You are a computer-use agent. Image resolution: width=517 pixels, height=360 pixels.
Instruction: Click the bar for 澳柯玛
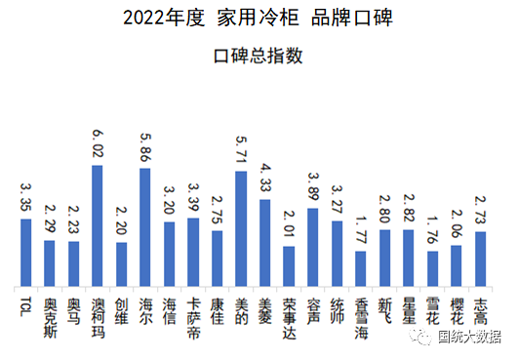(98, 224)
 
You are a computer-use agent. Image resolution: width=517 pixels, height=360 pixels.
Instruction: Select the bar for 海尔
(145, 226)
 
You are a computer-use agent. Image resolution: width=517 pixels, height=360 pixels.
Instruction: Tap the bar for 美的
(241, 228)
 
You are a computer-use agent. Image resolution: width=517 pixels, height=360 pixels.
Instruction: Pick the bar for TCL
(26, 252)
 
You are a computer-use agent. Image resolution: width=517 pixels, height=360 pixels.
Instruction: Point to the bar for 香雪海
(361, 267)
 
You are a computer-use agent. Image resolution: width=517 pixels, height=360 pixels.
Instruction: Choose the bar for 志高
(480, 258)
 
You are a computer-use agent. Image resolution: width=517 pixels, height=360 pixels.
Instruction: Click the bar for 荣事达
(289, 265)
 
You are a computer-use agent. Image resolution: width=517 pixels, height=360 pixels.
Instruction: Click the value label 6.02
(98, 143)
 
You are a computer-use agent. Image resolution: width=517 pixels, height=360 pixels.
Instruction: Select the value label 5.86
(145, 147)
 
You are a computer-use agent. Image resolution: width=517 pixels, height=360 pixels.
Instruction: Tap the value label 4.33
(264, 179)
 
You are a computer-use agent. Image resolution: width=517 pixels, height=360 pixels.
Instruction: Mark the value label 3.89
(312, 187)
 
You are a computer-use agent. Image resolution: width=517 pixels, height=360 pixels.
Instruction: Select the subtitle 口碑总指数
(258, 56)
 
